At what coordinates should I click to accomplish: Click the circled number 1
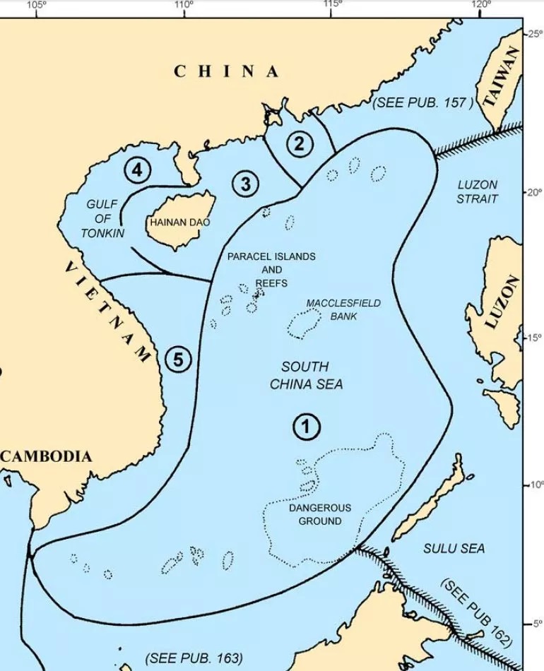(306, 427)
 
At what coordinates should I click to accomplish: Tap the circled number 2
(300, 144)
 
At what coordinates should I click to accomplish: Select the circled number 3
(245, 184)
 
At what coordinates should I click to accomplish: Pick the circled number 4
(137, 170)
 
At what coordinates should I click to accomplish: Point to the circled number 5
(178, 360)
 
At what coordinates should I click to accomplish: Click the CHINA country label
(226, 71)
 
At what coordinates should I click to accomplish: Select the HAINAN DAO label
(179, 222)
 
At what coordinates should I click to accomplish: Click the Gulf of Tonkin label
(102, 218)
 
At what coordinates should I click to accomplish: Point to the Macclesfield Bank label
(343, 309)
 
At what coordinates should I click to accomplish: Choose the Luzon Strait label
(477, 191)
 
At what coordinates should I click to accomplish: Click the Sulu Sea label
(454, 548)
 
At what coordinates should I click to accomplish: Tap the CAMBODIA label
(47, 456)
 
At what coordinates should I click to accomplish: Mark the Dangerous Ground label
(319, 514)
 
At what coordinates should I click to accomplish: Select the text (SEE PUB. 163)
(194, 658)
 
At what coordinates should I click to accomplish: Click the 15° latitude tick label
(534, 338)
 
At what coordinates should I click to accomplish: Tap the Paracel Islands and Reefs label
(271, 269)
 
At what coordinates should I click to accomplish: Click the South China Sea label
(305, 375)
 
